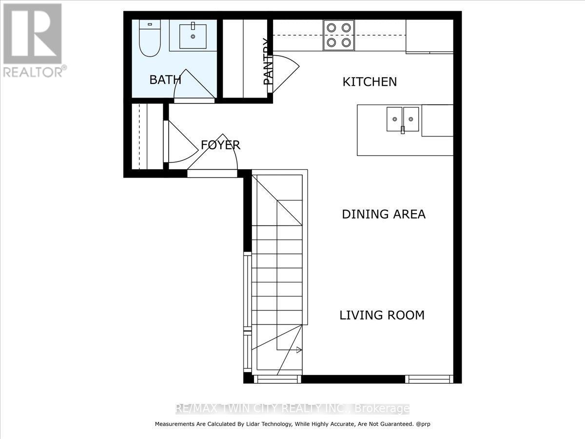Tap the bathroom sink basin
coord(193,36)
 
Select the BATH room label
coord(165,80)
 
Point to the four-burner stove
coord(338,35)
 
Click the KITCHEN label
coord(370,81)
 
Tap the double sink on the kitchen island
coord(403,119)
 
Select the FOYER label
coord(220,145)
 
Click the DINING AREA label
coord(383,214)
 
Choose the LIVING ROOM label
coord(382,315)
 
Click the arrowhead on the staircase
coord(299,350)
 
